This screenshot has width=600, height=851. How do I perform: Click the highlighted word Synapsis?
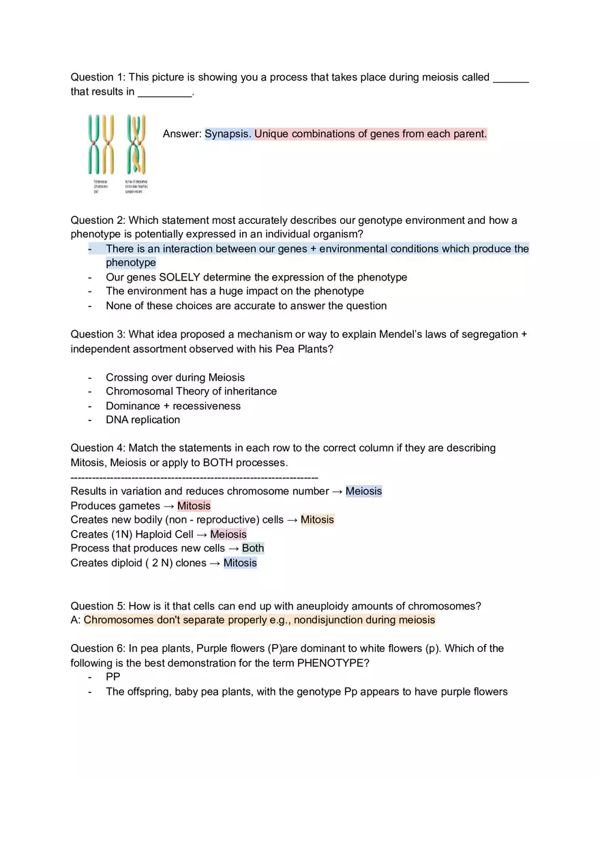pyautogui.click(x=228, y=134)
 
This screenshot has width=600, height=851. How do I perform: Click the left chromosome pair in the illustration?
pyautogui.click(x=100, y=144)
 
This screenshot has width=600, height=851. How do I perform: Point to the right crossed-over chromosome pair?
pyautogui.click(x=136, y=144)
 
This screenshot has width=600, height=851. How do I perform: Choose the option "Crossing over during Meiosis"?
pyautogui.click(x=175, y=377)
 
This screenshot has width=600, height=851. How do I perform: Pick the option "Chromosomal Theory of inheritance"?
pyautogui.click(x=191, y=391)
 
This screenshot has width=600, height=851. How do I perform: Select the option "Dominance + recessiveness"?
pyautogui.click(x=173, y=405)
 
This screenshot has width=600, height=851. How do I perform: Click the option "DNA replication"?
pyautogui.click(x=142, y=420)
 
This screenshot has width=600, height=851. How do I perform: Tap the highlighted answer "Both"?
pyautogui.click(x=253, y=548)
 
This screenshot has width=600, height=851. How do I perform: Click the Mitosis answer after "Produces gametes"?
pyautogui.click(x=194, y=506)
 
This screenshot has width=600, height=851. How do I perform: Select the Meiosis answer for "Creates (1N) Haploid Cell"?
pyautogui.click(x=228, y=534)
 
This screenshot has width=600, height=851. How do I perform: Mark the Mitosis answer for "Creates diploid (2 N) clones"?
pyautogui.click(x=240, y=562)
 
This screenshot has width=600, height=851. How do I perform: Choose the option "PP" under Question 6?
pyautogui.click(x=113, y=676)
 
